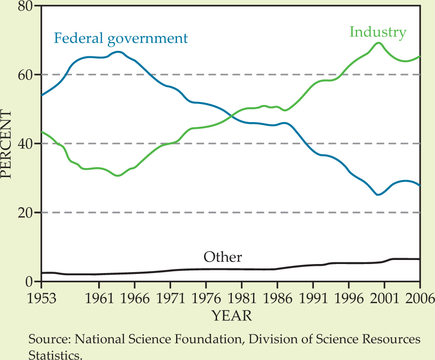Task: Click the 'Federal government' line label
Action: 120,38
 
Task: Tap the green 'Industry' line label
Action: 378,32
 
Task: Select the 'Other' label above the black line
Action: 223,257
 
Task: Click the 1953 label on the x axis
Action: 41,298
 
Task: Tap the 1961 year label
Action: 98,298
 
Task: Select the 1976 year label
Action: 206,298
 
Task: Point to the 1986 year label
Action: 277,298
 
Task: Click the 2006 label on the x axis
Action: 419,298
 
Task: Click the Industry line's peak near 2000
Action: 378,43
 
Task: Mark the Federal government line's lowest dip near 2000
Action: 378,195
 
